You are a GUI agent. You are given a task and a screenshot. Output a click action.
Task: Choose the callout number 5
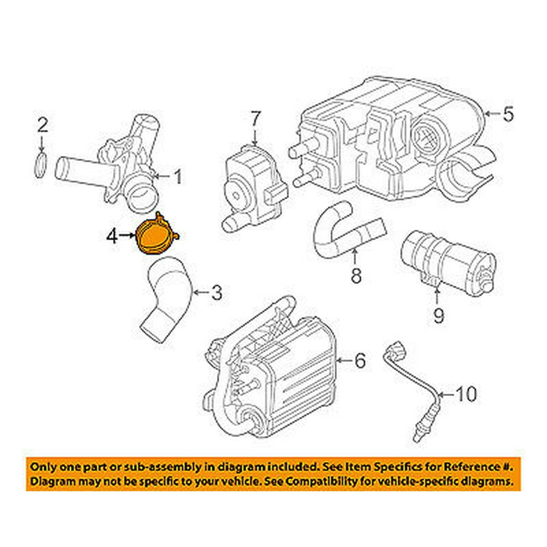[508, 115]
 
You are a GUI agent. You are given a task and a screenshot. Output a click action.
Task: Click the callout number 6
[359, 360]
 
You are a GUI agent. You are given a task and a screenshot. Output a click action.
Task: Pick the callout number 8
[356, 275]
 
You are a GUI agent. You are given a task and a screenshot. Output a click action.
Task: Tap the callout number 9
[438, 316]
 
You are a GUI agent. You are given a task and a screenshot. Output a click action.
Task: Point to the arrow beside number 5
[492, 115]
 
